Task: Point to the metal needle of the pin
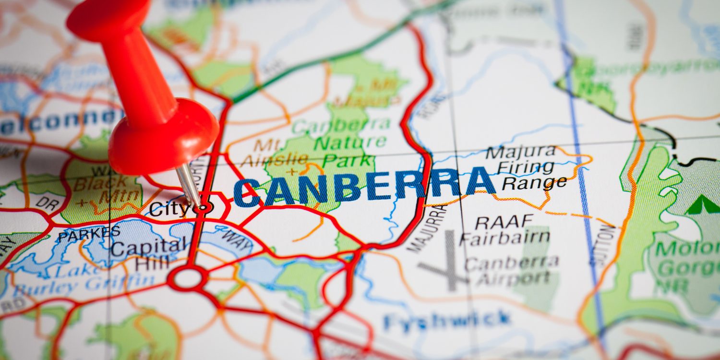pos(190,185)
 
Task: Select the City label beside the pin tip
pos(169,209)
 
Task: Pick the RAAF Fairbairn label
pos(505,230)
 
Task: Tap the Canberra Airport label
pos(511,270)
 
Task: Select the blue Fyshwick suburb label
pos(446,320)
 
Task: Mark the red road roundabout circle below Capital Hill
pos(188,279)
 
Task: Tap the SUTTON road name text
pos(602,245)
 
